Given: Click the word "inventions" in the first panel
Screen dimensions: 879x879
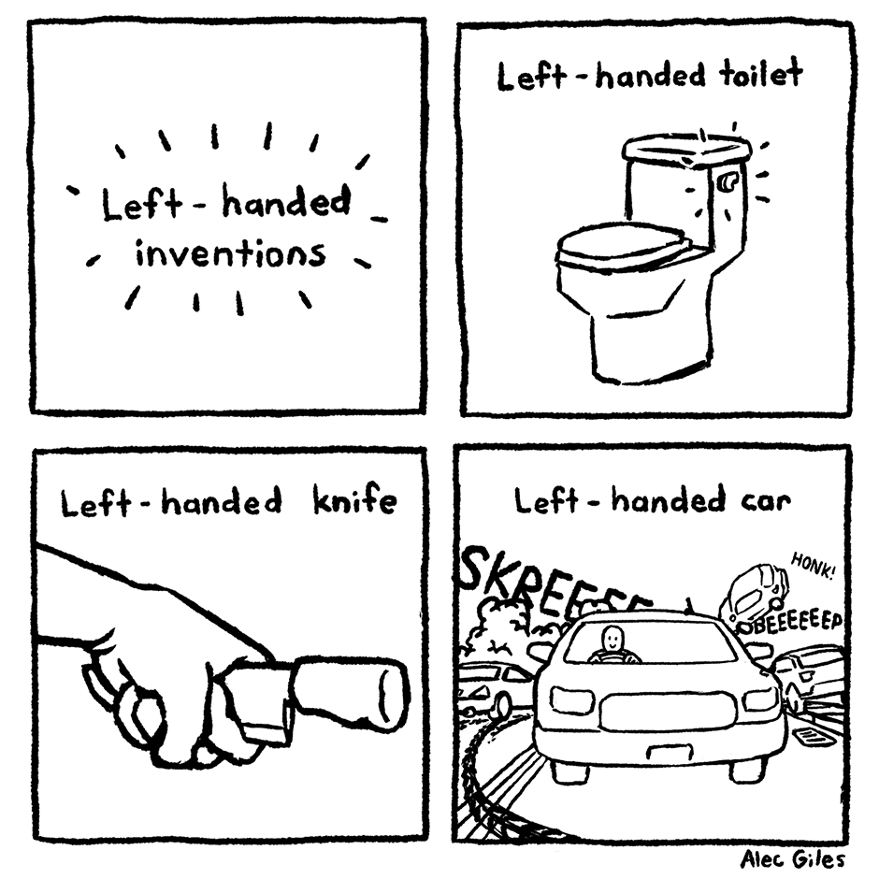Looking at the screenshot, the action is [x=230, y=254].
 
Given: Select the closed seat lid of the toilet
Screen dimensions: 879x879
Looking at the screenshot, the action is [x=623, y=247].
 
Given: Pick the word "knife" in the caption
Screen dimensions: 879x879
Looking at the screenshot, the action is [x=353, y=499].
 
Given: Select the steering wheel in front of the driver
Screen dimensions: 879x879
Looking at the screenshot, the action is [x=613, y=656].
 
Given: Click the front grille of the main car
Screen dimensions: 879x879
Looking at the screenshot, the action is [x=667, y=712].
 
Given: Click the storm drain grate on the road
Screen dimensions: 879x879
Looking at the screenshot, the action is [x=810, y=737].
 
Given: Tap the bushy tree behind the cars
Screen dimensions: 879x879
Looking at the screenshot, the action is [x=505, y=622].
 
